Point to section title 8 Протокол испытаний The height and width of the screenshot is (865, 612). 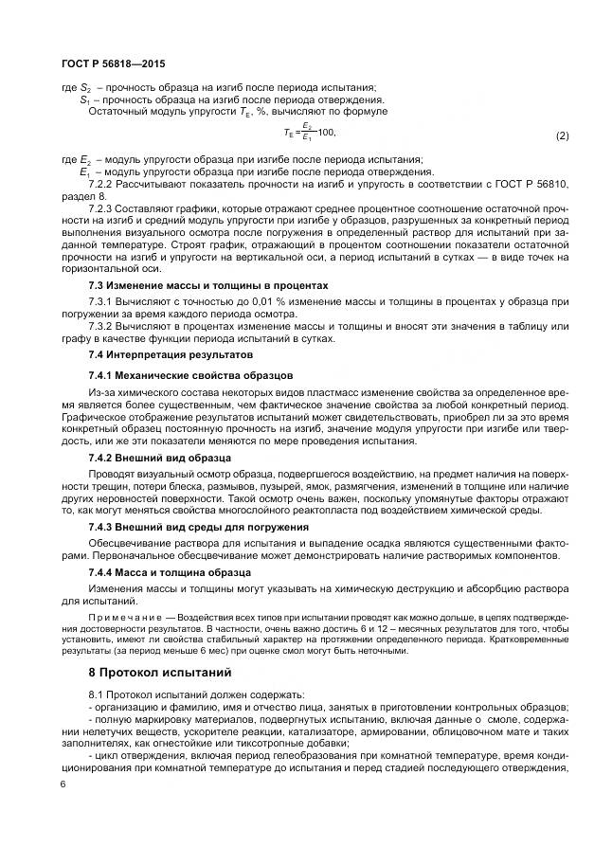pos(158,673)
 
